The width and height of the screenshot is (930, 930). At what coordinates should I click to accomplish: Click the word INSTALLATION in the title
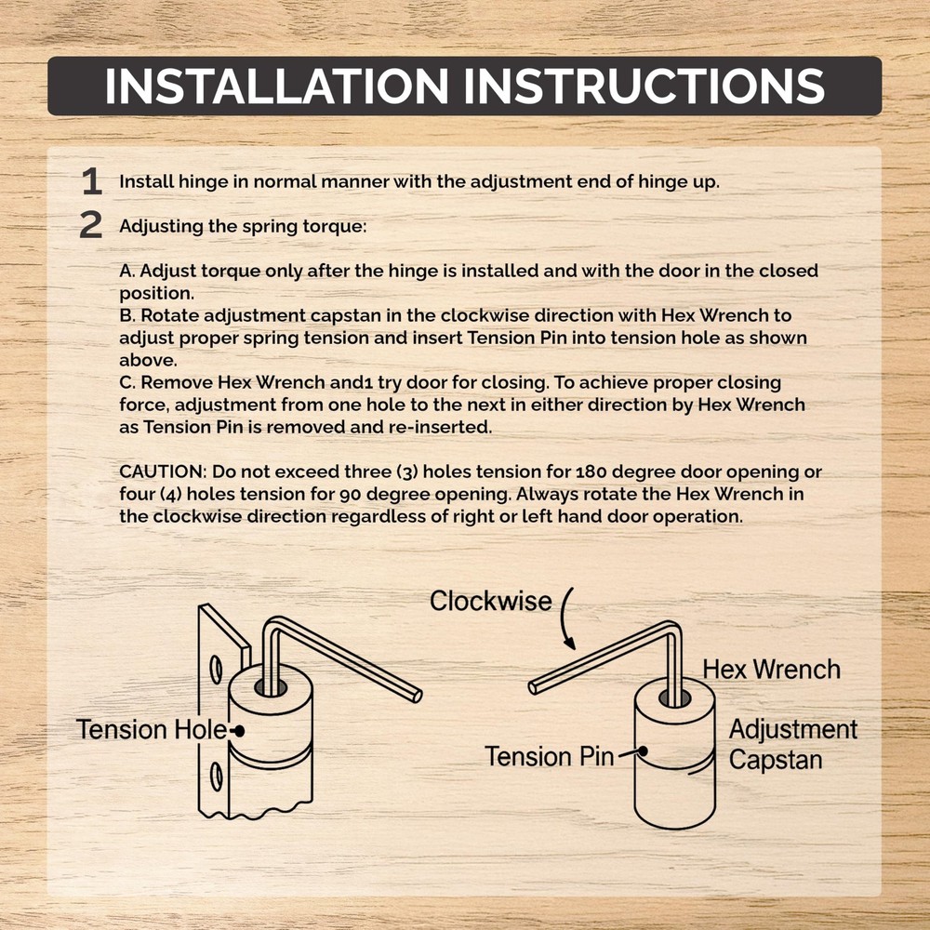[x=277, y=86]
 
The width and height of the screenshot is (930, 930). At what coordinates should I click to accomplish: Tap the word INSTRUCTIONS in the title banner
[x=644, y=86]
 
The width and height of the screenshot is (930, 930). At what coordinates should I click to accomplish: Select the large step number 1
[x=91, y=181]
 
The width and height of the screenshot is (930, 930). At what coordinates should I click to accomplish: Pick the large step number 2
[x=91, y=225]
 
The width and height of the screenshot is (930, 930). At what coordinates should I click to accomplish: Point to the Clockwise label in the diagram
[x=490, y=601]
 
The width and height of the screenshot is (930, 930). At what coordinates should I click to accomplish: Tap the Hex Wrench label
[x=771, y=670]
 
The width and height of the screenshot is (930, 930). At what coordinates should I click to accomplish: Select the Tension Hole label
[x=152, y=729]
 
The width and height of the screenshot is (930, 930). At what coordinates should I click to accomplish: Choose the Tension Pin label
[x=550, y=757]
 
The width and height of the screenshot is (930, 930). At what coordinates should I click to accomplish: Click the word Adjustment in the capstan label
[x=793, y=730]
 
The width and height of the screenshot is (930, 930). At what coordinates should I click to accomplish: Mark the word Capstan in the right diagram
[x=776, y=760]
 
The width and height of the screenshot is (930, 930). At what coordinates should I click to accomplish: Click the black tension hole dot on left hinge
[x=240, y=731]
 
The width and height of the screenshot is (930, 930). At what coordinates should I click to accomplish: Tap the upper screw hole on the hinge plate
[x=217, y=670]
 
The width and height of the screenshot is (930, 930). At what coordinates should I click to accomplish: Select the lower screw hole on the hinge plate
[x=217, y=777]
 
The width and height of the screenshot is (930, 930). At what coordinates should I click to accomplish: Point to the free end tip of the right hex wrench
[x=533, y=688]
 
